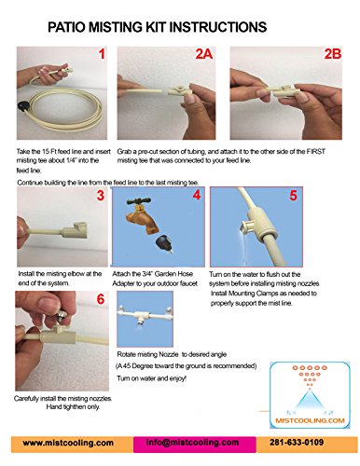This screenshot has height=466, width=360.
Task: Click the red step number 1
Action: coord(102,54)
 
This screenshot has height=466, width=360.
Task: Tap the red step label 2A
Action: coord(204,54)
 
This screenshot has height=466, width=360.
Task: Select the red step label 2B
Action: coord(333,54)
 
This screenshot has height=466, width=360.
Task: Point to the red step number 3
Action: coord(101,196)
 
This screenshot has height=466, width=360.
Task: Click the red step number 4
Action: coord(197,195)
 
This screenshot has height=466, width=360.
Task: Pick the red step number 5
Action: coord(293,196)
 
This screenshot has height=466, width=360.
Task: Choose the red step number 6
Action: coord(101,299)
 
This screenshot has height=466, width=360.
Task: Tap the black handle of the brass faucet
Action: coord(139,201)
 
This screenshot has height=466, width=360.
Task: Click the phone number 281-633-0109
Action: coord(297,442)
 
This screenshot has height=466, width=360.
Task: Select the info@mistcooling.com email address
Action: coord(192,443)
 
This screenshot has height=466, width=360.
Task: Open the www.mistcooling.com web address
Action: coord(68,443)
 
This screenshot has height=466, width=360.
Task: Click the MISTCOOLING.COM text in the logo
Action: coord(310,420)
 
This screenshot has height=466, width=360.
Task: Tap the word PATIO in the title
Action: coord(67,27)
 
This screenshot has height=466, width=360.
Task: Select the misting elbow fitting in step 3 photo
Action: coord(75,230)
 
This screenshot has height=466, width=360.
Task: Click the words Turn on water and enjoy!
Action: coord(152,378)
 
